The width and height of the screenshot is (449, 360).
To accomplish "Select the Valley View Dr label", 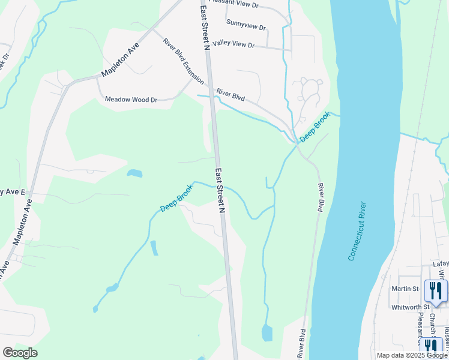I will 234,44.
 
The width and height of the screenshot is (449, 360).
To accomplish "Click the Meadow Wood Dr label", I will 131,100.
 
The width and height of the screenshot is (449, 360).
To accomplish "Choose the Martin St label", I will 405,289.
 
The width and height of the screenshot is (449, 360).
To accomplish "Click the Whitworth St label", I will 410,307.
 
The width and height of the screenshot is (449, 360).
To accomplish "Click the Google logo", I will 20,353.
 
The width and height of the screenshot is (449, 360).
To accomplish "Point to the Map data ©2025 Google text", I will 411,355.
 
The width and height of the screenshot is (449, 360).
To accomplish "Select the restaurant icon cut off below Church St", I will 432,346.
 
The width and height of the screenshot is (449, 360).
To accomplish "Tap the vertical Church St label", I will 432,323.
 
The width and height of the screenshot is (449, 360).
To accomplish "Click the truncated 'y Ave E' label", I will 13,192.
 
